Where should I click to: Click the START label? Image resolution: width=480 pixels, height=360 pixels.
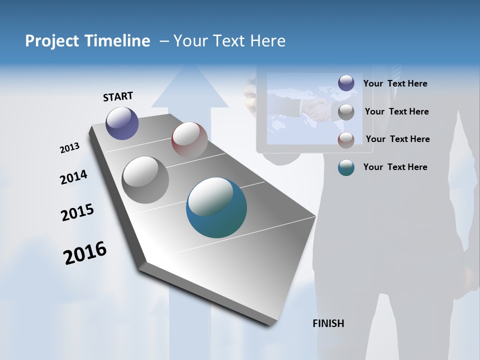click(x=118, y=96)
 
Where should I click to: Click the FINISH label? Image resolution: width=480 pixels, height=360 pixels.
click(x=328, y=323)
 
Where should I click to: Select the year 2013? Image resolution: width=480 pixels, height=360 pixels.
click(x=69, y=148)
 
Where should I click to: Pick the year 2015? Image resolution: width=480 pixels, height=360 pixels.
click(x=77, y=212)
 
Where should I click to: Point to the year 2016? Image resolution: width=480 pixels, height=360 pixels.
click(x=85, y=253)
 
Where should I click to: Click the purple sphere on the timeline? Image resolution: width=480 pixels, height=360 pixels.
click(x=122, y=123)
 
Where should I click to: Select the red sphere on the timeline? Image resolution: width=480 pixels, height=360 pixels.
click(x=189, y=139)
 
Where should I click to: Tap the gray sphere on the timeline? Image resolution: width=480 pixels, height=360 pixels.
click(x=145, y=180)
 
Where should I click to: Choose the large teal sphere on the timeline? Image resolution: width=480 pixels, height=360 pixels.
click(x=216, y=207)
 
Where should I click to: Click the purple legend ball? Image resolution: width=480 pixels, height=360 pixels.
click(x=346, y=83)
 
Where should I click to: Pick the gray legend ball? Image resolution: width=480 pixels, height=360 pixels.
click(x=346, y=112)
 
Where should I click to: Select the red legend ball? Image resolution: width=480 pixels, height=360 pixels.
click(x=346, y=140)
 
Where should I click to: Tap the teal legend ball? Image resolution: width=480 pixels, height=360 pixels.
click(x=346, y=167)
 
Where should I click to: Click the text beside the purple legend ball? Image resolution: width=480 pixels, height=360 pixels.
click(x=395, y=84)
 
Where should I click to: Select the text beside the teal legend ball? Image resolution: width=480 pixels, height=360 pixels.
click(x=395, y=167)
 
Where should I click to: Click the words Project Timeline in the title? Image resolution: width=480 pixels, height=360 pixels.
click(x=87, y=41)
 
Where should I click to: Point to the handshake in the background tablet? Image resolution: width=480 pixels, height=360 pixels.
click(x=316, y=110)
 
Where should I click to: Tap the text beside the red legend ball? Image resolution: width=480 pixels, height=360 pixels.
click(x=397, y=139)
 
